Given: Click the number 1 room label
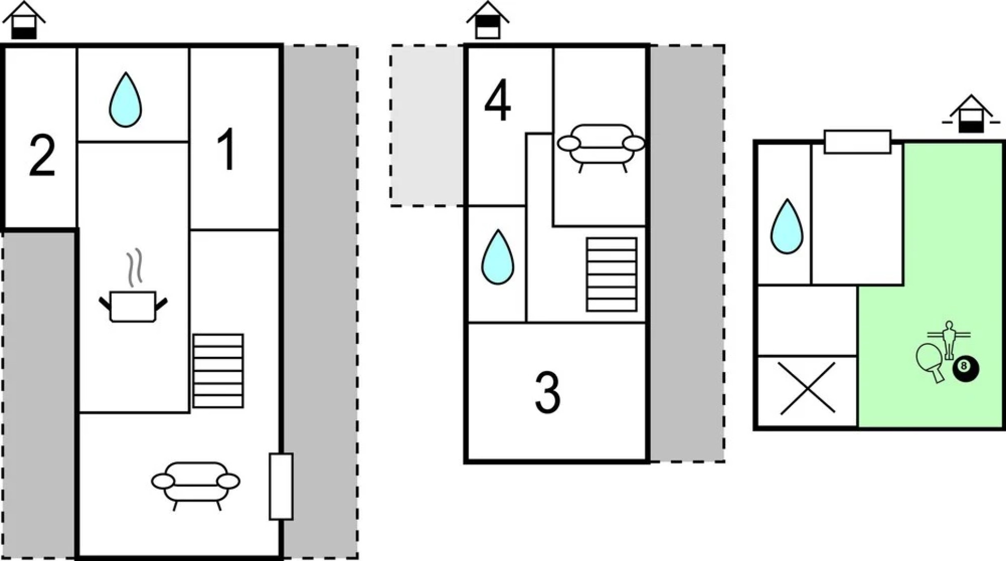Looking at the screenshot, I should pos(227,150).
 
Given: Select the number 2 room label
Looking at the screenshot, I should pos(42,155).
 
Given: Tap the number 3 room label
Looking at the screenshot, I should pos(547,393).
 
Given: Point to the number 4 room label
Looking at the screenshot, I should pos(498,100).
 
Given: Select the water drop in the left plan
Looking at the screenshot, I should pos(125,100).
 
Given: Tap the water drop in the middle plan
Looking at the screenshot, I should pos(498,257).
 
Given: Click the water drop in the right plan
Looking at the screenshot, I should pos(787,226).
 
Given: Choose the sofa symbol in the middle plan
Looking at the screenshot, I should pos(601,145).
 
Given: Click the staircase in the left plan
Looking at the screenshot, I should pos(218,371).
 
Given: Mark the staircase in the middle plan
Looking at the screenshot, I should pos(611,274).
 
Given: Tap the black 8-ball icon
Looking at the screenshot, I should pos(965,368).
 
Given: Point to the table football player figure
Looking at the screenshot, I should pos(949,339).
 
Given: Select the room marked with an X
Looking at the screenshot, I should pos(807,389).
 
